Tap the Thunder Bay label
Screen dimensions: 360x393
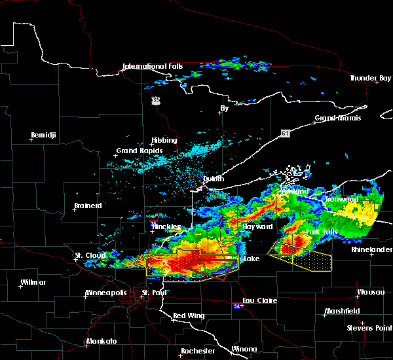tap(370, 78)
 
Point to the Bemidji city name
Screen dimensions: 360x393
tap(44, 135)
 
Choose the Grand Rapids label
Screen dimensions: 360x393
tap(136, 151)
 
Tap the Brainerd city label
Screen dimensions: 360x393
tap(88, 206)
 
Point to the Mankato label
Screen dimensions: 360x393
tap(102, 342)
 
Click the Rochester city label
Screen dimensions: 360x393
tap(198, 351)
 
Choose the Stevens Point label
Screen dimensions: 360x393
tap(369, 327)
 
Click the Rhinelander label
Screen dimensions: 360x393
tap(371, 249)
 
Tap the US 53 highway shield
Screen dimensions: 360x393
tap(155, 100)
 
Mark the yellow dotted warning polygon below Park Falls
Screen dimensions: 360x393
tap(305, 259)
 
